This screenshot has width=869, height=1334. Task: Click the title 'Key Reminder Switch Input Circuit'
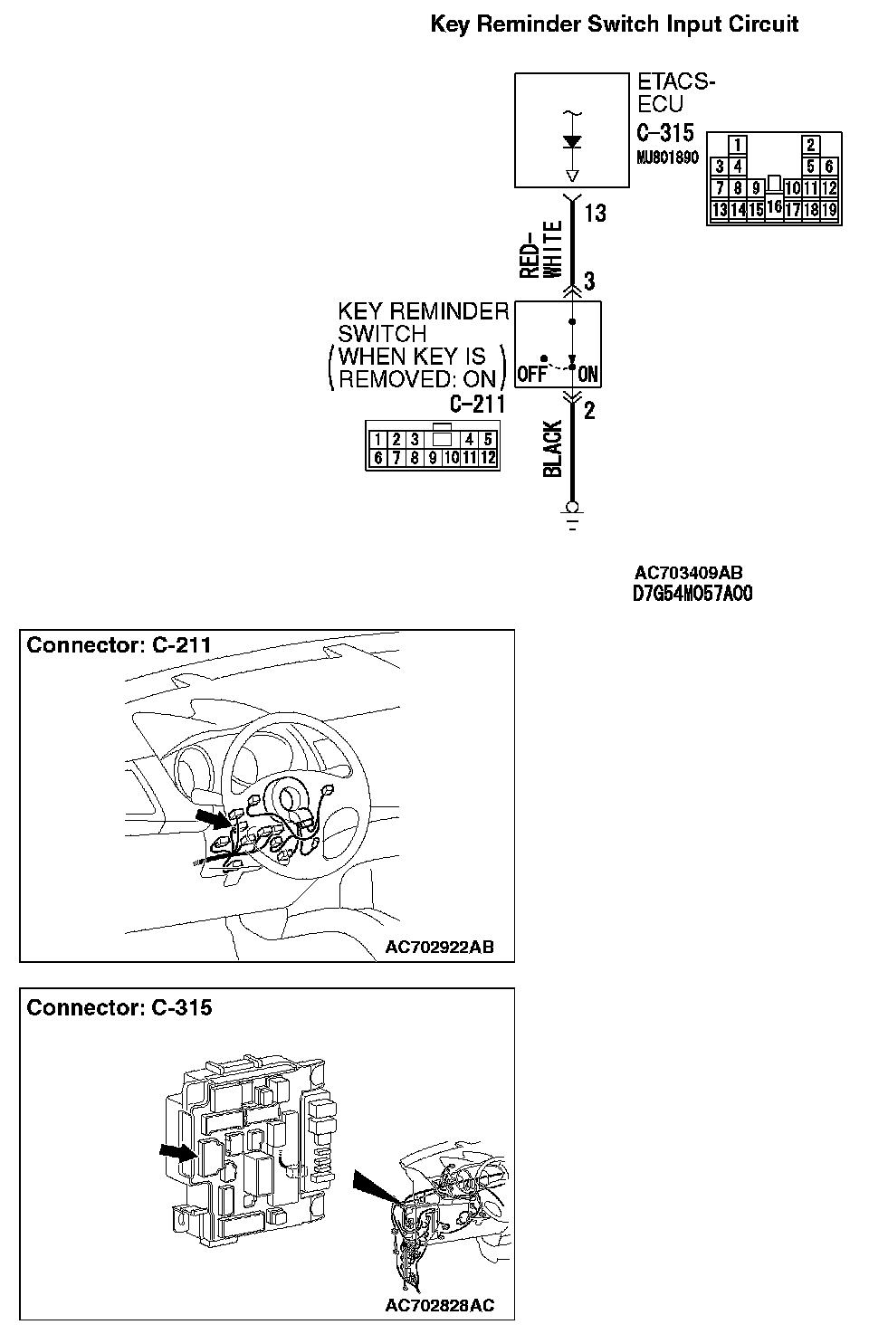coord(615,24)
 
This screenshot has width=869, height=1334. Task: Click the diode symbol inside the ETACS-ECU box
coord(572,142)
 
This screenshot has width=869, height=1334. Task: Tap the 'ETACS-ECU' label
coord(676,92)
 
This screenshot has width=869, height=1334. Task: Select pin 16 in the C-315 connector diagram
coord(774,206)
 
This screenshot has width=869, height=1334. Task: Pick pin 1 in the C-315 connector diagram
coord(739,145)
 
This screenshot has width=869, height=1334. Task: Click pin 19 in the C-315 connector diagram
coord(829,211)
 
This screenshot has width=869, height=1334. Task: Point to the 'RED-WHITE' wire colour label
coord(541,249)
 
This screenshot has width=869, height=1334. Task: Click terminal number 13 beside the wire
coord(595,214)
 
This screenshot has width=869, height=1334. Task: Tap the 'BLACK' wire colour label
coord(553,448)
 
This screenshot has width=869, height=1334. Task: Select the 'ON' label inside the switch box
coord(587,374)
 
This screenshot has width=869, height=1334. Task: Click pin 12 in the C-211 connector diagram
coord(488,458)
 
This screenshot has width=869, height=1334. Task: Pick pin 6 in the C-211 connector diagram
coord(378,458)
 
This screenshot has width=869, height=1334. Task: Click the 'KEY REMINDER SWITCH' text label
coord(423,323)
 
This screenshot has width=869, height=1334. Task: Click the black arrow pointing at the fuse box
coord(177,1151)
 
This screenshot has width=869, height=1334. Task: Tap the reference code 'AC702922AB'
coord(439,948)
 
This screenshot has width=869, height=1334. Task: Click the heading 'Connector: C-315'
coord(119,1008)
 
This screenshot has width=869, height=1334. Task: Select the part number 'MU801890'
coord(668,157)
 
